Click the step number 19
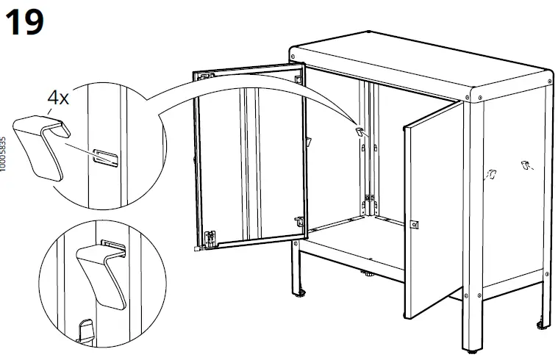point(24,22)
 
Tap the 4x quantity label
point(58,97)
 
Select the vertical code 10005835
point(3,154)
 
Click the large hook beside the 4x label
point(41,147)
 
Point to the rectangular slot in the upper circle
point(105,157)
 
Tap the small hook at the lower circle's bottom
point(85,331)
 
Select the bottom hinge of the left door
point(210,237)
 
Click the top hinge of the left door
point(207,76)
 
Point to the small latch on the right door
point(414,225)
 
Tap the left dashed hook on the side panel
point(491,174)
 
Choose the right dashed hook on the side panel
point(526,165)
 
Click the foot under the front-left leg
point(300,293)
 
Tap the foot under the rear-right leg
point(542,325)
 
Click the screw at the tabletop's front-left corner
point(293,57)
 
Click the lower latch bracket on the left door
point(299,221)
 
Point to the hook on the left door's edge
point(308,141)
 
